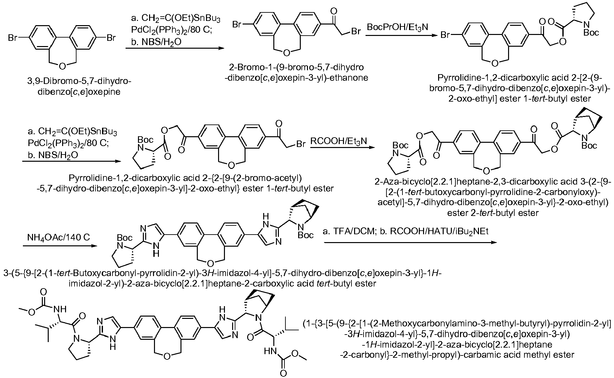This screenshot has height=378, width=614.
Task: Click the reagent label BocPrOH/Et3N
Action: pos(397,27)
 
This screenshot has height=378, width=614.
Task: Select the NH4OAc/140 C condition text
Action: pos(59,237)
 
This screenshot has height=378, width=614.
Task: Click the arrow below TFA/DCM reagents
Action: pos(410,242)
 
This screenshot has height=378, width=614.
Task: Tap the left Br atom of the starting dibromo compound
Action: pos(13,38)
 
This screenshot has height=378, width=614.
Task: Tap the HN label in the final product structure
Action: pos(269,352)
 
